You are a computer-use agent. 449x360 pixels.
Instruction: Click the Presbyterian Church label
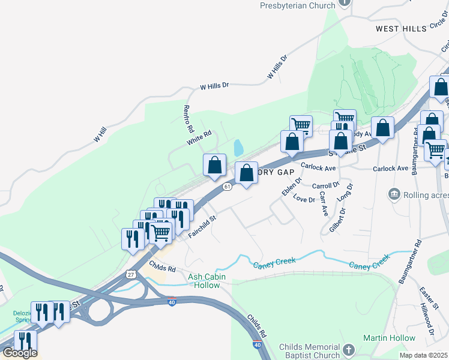tap(297, 5)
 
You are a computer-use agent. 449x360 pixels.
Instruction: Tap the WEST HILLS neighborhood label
tap(401, 28)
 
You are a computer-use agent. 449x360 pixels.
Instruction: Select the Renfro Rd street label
tap(188, 118)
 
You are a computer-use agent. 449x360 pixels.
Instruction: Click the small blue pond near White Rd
tap(238, 148)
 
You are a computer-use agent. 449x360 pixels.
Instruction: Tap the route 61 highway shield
tap(226, 187)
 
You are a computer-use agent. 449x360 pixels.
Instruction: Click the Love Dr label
tap(304, 199)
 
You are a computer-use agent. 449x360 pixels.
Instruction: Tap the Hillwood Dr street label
tap(430, 323)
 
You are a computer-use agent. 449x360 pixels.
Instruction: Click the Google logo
tap(20, 353)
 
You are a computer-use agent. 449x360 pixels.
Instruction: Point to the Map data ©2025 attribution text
tap(423, 355)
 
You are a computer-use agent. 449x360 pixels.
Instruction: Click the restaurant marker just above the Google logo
tap(25, 341)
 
